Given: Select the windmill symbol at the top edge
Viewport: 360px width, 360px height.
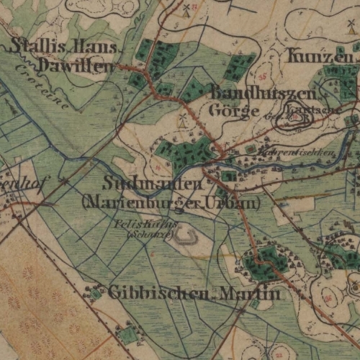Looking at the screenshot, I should (x=185, y=9).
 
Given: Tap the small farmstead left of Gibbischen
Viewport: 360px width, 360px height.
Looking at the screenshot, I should (x=94, y=292).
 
